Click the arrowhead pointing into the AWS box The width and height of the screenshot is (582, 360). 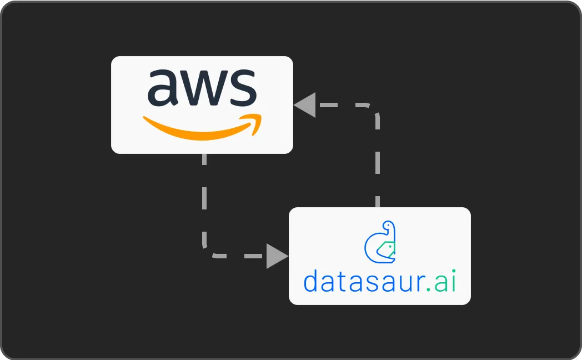tap(304, 105)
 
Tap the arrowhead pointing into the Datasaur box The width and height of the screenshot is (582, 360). tap(277, 256)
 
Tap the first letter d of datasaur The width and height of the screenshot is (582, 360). tap(311, 281)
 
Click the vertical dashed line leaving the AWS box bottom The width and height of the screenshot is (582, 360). tap(204, 194)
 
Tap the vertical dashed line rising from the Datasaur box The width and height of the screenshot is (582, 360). tap(378, 167)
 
